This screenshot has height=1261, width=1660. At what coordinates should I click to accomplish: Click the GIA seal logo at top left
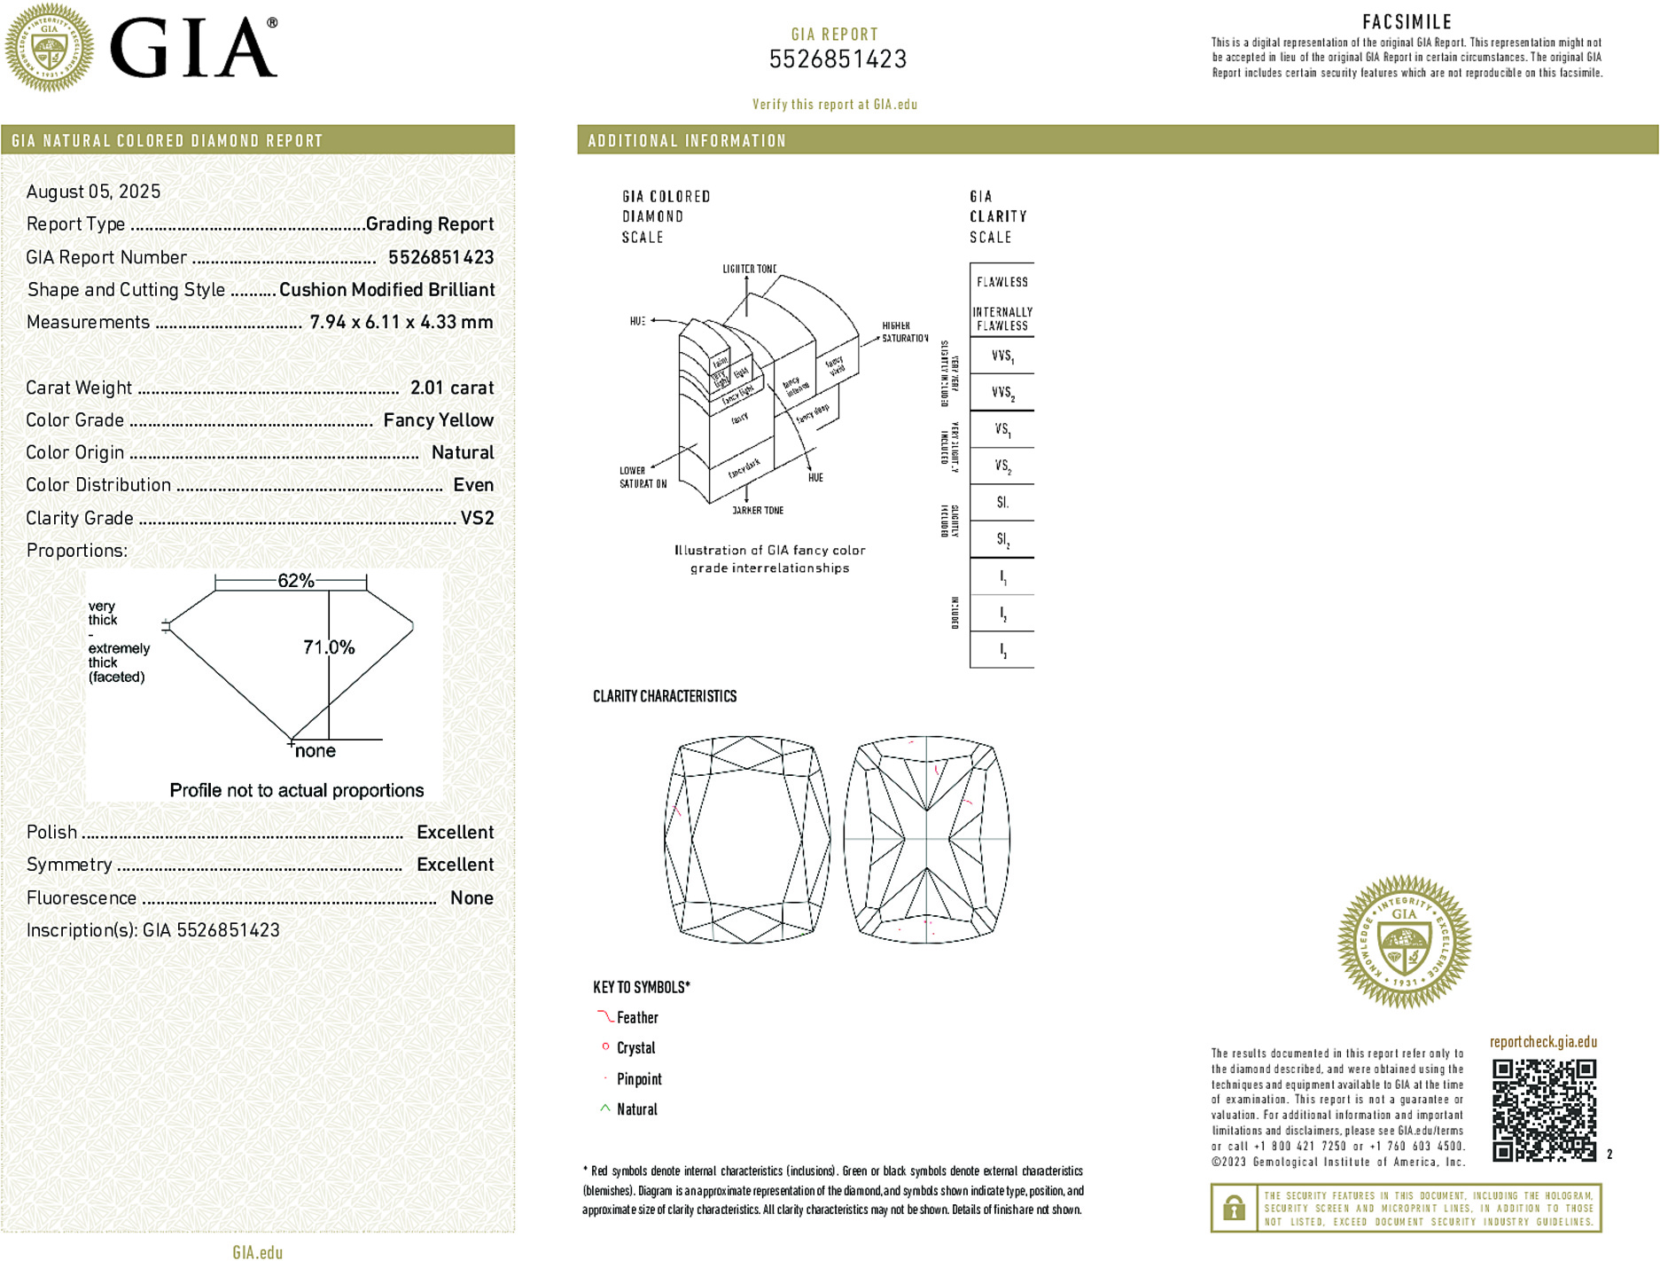point(49,47)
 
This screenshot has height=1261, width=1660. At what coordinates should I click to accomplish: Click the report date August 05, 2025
point(93,192)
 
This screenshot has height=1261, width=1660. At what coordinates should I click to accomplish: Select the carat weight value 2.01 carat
point(452,388)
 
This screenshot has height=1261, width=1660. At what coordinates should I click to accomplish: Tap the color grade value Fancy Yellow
point(438,420)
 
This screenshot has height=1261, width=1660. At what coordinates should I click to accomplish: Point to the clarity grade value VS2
point(477,518)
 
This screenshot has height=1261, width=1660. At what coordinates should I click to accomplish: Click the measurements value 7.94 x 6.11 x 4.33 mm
point(401,322)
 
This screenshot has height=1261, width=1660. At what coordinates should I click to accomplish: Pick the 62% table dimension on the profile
point(295,581)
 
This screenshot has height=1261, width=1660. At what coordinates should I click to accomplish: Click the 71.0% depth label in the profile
point(329,647)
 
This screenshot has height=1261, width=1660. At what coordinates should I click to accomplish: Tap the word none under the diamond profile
point(316,751)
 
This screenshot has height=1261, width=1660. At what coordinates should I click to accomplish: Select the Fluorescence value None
point(472,897)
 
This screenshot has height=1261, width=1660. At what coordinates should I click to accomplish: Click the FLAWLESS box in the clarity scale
point(1002,282)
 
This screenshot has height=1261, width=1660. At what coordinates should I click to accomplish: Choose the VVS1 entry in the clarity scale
point(1002,356)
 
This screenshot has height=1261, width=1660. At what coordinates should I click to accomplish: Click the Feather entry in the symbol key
point(637,1018)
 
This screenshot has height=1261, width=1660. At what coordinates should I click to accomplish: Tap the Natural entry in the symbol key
point(636,1109)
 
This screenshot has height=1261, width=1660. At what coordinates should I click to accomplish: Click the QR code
point(1544,1109)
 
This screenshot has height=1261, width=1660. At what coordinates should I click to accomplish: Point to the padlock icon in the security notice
point(1234,1208)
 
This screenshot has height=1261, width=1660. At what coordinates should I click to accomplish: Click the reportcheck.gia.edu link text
point(1543,1042)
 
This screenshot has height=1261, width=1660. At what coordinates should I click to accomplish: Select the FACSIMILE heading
point(1407,22)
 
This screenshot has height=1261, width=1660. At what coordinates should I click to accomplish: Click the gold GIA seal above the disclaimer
point(1404,941)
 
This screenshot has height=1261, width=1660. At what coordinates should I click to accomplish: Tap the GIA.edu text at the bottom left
point(257,1252)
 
